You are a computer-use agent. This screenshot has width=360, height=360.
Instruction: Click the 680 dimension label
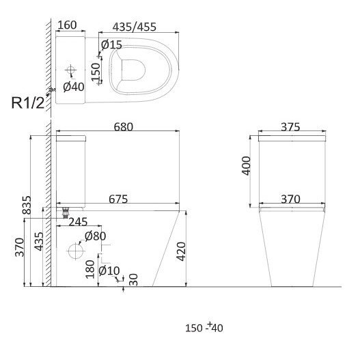[124, 127]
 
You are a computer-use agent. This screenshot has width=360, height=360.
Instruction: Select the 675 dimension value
[118, 199]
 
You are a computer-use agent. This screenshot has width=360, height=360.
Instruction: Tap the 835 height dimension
[27, 205]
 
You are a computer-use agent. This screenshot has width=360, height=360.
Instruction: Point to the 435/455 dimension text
[135, 27]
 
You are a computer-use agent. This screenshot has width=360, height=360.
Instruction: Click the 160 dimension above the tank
[67, 25]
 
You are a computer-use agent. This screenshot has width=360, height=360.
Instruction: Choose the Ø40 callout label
[74, 87]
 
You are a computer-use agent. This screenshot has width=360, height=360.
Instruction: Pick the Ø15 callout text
[111, 44]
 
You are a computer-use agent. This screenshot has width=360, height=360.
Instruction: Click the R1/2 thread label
[28, 102]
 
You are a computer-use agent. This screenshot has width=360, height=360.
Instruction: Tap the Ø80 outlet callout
[95, 236]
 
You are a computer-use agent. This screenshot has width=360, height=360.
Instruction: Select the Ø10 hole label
[109, 271]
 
